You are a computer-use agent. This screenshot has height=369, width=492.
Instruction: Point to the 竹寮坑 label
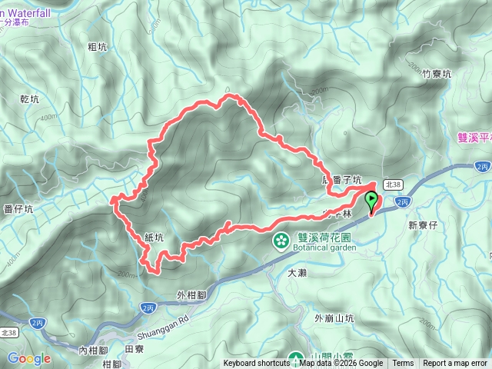coord(437,74)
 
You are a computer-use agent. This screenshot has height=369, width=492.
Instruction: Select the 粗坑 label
coord(97,48)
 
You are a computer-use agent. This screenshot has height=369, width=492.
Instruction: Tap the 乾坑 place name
coord(28,99)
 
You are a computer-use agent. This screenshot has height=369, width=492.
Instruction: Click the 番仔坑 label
coord(18,208)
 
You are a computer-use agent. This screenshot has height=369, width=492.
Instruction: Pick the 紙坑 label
coord(154,238)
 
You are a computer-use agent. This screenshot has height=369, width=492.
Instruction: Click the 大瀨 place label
coord(297,273)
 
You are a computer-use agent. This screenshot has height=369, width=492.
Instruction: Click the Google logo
coord(29,358)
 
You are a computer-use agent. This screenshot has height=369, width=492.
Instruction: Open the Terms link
coord(403,364)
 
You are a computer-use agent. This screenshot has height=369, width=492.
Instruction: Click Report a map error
coord(455,364)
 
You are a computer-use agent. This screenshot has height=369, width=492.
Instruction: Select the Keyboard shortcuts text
coord(257,364)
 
